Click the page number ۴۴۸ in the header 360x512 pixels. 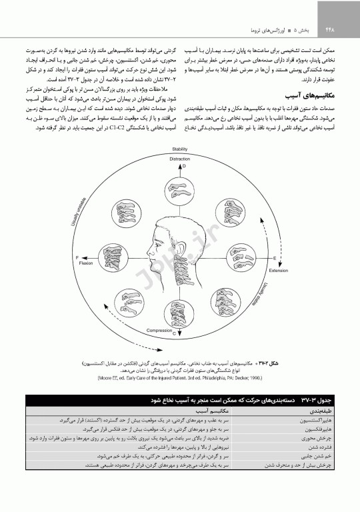click(x=329, y=29)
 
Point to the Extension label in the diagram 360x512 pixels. click(x=278, y=271)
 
